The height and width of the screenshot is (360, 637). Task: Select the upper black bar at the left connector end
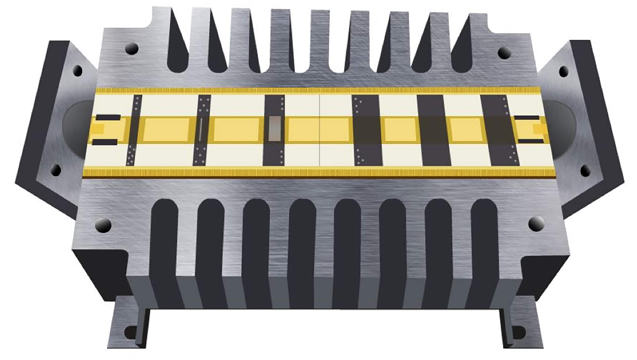click(108, 118)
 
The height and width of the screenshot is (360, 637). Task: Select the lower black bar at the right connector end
click(531, 141)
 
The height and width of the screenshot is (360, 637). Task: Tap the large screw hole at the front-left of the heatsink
click(103, 225)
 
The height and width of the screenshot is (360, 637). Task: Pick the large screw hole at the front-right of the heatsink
click(536, 223)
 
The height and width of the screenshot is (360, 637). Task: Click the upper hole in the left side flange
click(78, 70)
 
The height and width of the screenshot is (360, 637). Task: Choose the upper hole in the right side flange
click(563, 71)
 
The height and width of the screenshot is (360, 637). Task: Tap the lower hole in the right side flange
click(585, 171)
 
